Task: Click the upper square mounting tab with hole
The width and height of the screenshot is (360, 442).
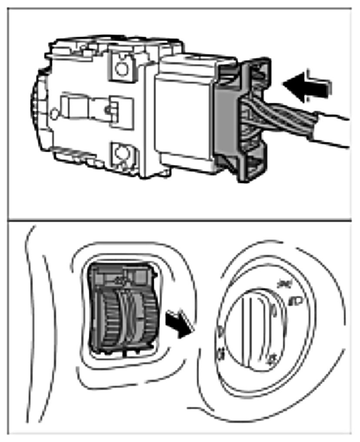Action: pyautogui.click(x=122, y=66)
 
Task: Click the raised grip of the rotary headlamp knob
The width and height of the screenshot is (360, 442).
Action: pyautogui.click(x=254, y=331)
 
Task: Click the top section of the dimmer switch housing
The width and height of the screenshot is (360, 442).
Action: pyautogui.click(x=122, y=275)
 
